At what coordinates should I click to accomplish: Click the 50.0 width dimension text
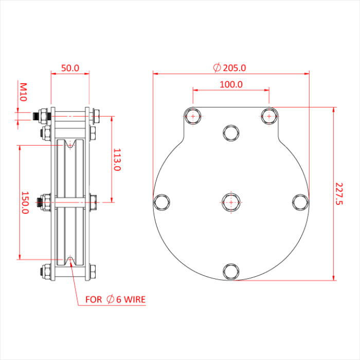(70, 68)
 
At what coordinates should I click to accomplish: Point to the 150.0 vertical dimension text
(24, 202)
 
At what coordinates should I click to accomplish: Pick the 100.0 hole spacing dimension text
(231, 84)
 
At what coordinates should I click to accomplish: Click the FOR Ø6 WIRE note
(115, 299)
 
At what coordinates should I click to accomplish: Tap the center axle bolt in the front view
(231, 202)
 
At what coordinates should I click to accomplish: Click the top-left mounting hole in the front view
(193, 116)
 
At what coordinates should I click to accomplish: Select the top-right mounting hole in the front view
(269, 116)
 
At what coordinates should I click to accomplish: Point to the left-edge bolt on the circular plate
(162, 202)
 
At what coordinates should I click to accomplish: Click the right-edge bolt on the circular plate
(300, 202)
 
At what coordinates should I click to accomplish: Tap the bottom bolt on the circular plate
(231, 271)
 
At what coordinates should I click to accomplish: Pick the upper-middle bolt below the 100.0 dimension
(231, 133)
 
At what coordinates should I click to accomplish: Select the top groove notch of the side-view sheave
(70, 146)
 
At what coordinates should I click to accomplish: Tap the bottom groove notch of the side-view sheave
(70, 259)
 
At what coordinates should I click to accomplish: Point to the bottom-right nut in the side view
(93, 273)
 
